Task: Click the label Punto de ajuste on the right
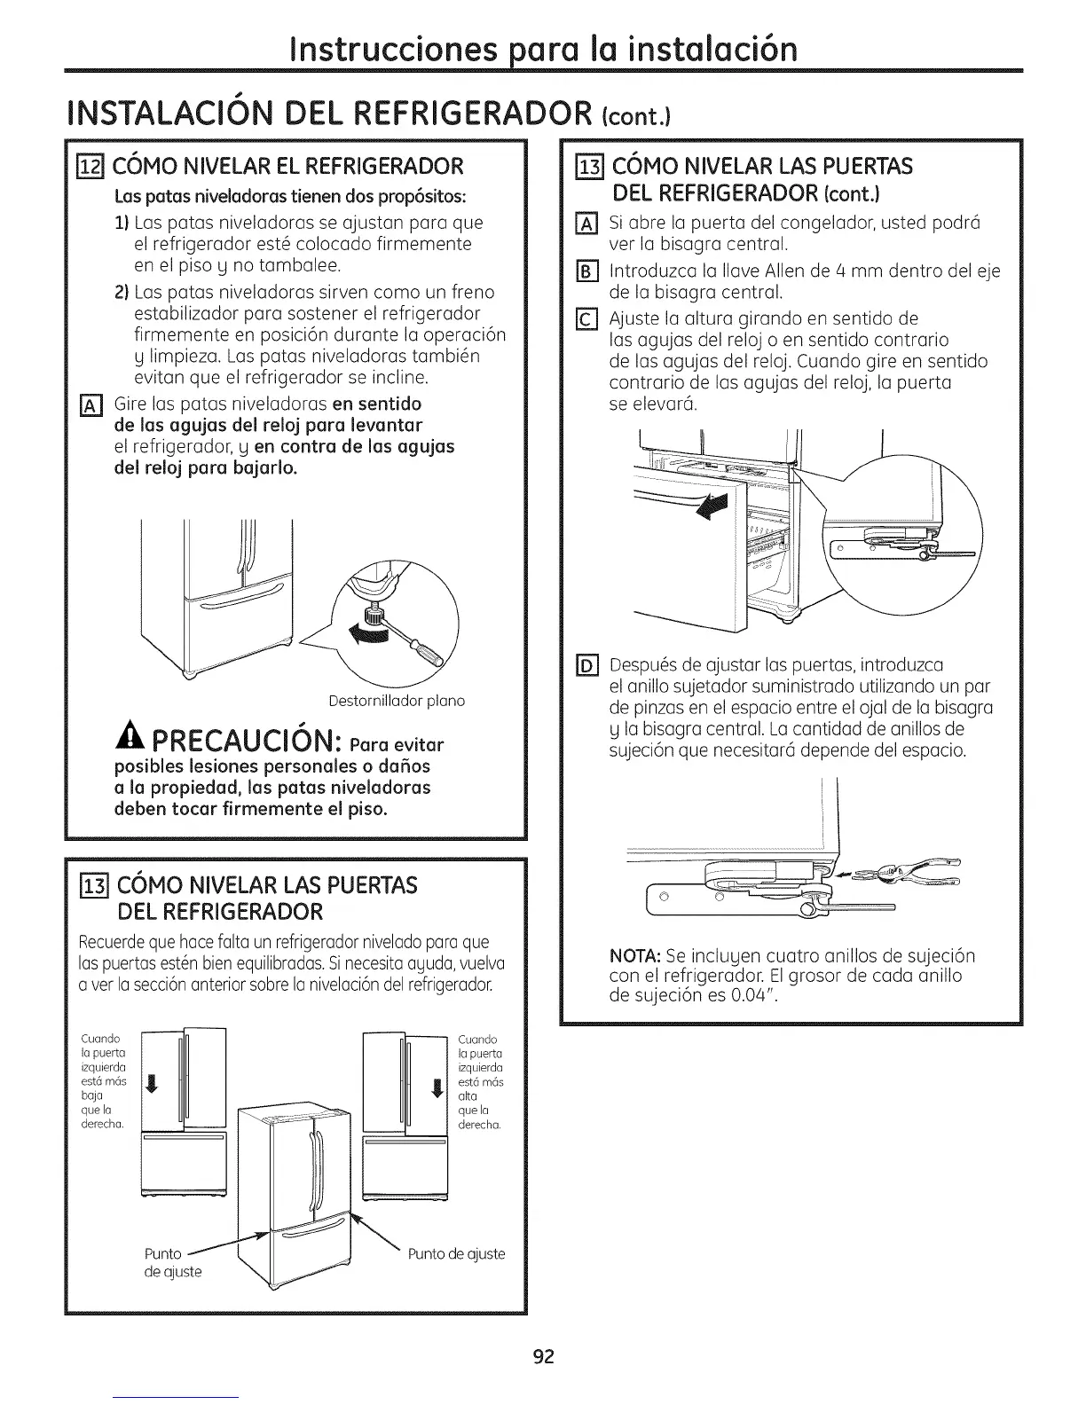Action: point(456,1253)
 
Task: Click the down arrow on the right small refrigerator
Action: point(436,1088)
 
